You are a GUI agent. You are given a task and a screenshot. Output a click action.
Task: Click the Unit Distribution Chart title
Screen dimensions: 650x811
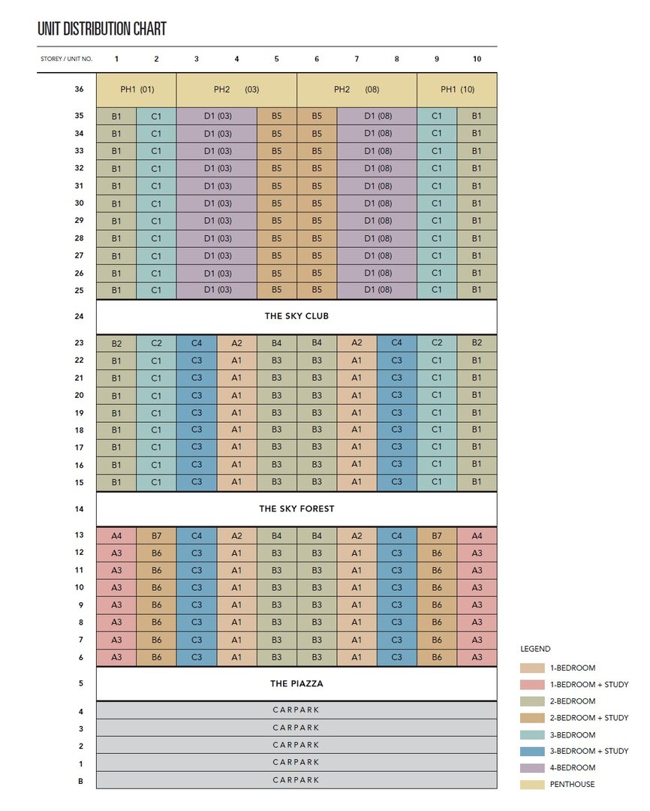pyautogui.click(x=102, y=29)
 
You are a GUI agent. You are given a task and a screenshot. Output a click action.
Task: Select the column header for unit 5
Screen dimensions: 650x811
pyautogui.click(x=277, y=59)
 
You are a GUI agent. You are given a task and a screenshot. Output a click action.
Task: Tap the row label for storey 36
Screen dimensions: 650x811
pyautogui.click(x=79, y=89)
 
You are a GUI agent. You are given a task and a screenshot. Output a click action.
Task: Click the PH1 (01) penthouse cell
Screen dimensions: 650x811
pyautogui.click(x=137, y=89)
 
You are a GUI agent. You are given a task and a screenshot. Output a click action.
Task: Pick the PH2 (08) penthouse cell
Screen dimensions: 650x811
pyautogui.click(x=357, y=89)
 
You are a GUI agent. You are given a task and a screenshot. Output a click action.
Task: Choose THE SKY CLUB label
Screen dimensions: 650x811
pyautogui.click(x=296, y=316)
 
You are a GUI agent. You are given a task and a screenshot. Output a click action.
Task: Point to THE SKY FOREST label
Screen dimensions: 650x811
pyautogui.click(x=296, y=509)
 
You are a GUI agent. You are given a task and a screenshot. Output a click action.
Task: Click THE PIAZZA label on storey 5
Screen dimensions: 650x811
pyautogui.click(x=296, y=684)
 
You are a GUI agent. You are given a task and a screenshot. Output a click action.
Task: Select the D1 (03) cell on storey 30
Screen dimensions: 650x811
pyautogui.click(x=217, y=204)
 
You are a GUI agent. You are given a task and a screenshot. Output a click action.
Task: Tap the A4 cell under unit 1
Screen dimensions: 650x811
pyautogui.click(x=116, y=536)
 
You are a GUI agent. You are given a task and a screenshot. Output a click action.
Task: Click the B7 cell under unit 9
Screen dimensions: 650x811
pyautogui.click(x=437, y=536)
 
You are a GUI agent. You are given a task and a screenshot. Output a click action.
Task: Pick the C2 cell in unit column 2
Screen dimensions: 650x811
pyautogui.click(x=156, y=343)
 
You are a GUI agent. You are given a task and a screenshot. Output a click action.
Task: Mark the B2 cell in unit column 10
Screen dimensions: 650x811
pyautogui.click(x=477, y=343)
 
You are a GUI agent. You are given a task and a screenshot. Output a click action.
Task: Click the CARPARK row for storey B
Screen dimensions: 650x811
pyautogui.click(x=296, y=780)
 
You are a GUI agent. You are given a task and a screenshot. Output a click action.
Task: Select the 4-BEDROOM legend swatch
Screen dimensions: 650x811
pyautogui.click(x=532, y=768)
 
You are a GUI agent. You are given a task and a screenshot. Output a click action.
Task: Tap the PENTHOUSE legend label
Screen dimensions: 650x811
pyautogui.click(x=573, y=785)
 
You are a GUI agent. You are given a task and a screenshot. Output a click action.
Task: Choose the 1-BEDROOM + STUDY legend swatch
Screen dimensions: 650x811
pyautogui.click(x=532, y=685)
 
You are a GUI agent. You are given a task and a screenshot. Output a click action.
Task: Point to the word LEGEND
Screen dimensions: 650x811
pyautogui.click(x=535, y=649)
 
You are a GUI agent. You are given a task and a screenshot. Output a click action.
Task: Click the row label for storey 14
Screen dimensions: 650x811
pyautogui.click(x=79, y=509)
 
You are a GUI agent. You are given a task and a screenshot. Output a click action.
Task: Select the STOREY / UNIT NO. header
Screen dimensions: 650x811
pyautogui.click(x=67, y=59)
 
